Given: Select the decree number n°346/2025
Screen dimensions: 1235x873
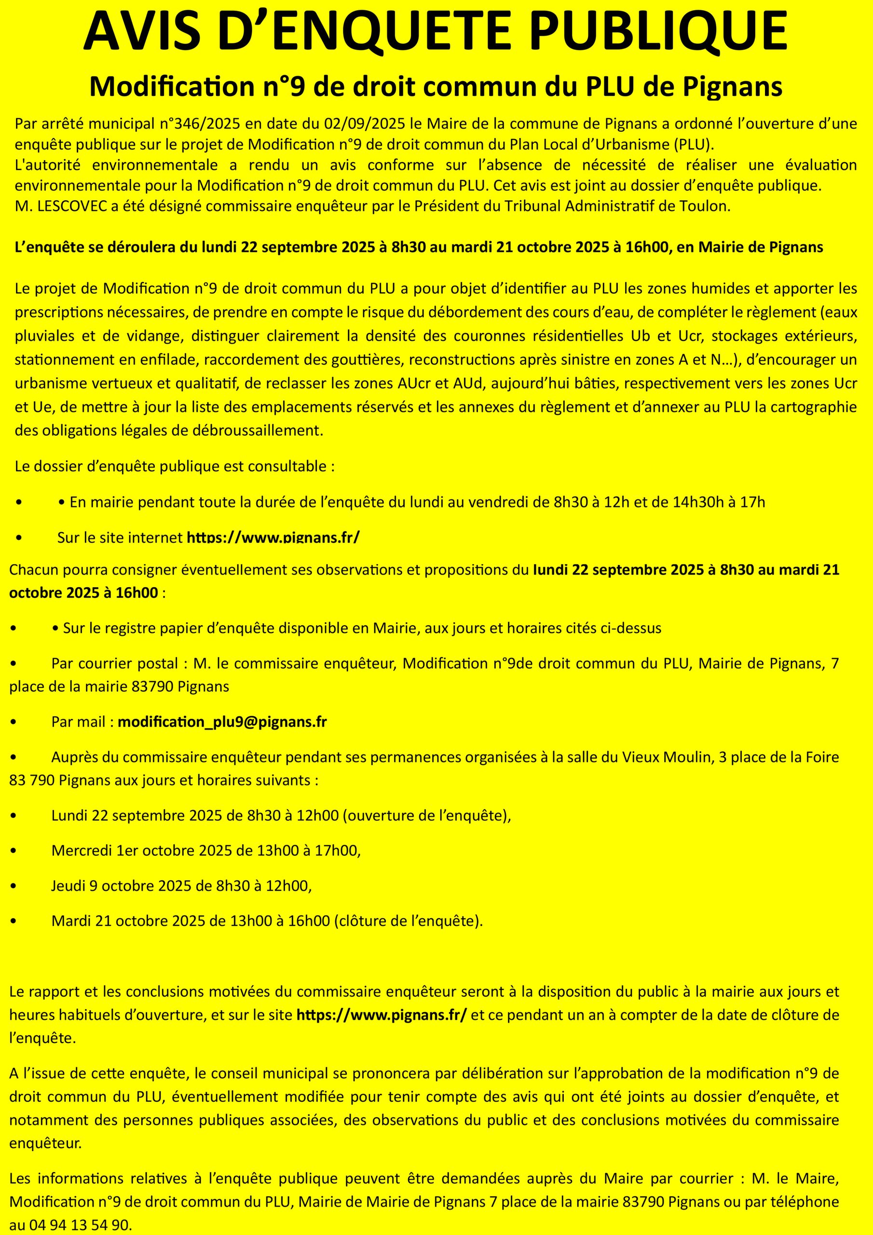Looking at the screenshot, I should pyautogui.click(x=200, y=124).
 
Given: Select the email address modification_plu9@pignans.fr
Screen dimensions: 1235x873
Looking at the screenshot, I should pyautogui.click(x=222, y=721).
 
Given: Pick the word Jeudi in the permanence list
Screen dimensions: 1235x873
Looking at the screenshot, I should pyautogui.click(x=68, y=885).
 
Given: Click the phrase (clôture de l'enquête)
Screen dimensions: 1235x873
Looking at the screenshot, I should pyautogui.click(x=408, y=921).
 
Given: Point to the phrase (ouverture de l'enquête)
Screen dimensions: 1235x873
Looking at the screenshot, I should pyautogui.click(x=426, y=815).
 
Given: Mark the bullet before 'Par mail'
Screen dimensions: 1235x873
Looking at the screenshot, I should pyautogui.click(x=13, y=722).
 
